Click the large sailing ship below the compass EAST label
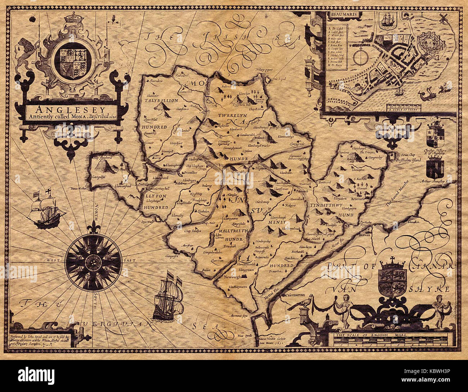167,299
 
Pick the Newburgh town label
233,277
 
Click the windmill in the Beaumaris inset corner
443,18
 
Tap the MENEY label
277,222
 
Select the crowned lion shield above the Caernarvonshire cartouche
393,279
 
